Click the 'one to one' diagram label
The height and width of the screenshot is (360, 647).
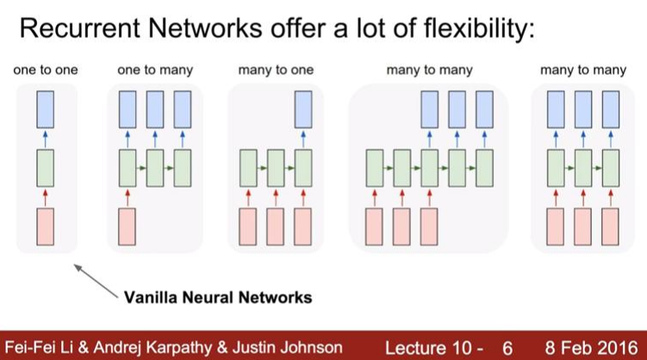coord(46,70)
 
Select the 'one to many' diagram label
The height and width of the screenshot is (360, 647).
coord(155,70)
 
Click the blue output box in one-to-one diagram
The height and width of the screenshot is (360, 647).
coord(46,110)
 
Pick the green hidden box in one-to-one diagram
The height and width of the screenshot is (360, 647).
coord(46,168)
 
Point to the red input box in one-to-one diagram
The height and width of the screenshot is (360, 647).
coord(46,226)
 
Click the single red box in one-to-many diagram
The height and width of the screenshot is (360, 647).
coord(128,226)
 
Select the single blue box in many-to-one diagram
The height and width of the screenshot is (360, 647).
coord(302,110)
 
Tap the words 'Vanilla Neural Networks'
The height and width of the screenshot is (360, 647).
coord(217,298)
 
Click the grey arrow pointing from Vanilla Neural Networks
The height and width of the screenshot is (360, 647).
coord(95,282)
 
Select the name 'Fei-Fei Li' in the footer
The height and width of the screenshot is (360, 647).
coord(39,346)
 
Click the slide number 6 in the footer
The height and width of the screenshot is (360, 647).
coord(507,346)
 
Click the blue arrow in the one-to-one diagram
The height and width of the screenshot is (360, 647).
coord(46,139)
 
